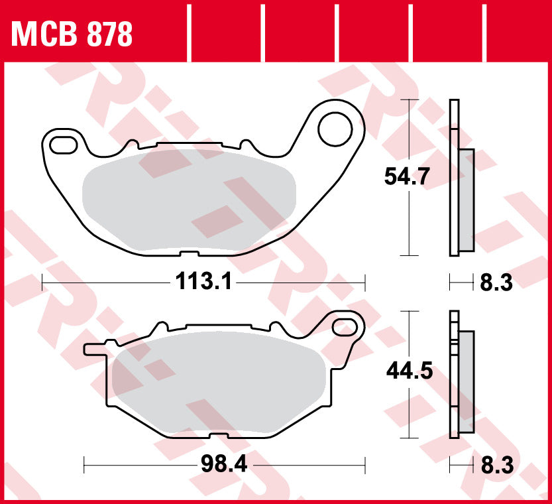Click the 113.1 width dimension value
(203, 283)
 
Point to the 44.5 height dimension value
(409, 372)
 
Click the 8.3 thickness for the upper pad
(495, 283)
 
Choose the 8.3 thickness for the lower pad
(495, 466)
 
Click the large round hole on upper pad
(335, 129)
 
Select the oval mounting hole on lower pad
(346, 326)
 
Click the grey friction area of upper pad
(189, 198)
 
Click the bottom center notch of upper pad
(188, 253)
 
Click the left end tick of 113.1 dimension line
(43, 283)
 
